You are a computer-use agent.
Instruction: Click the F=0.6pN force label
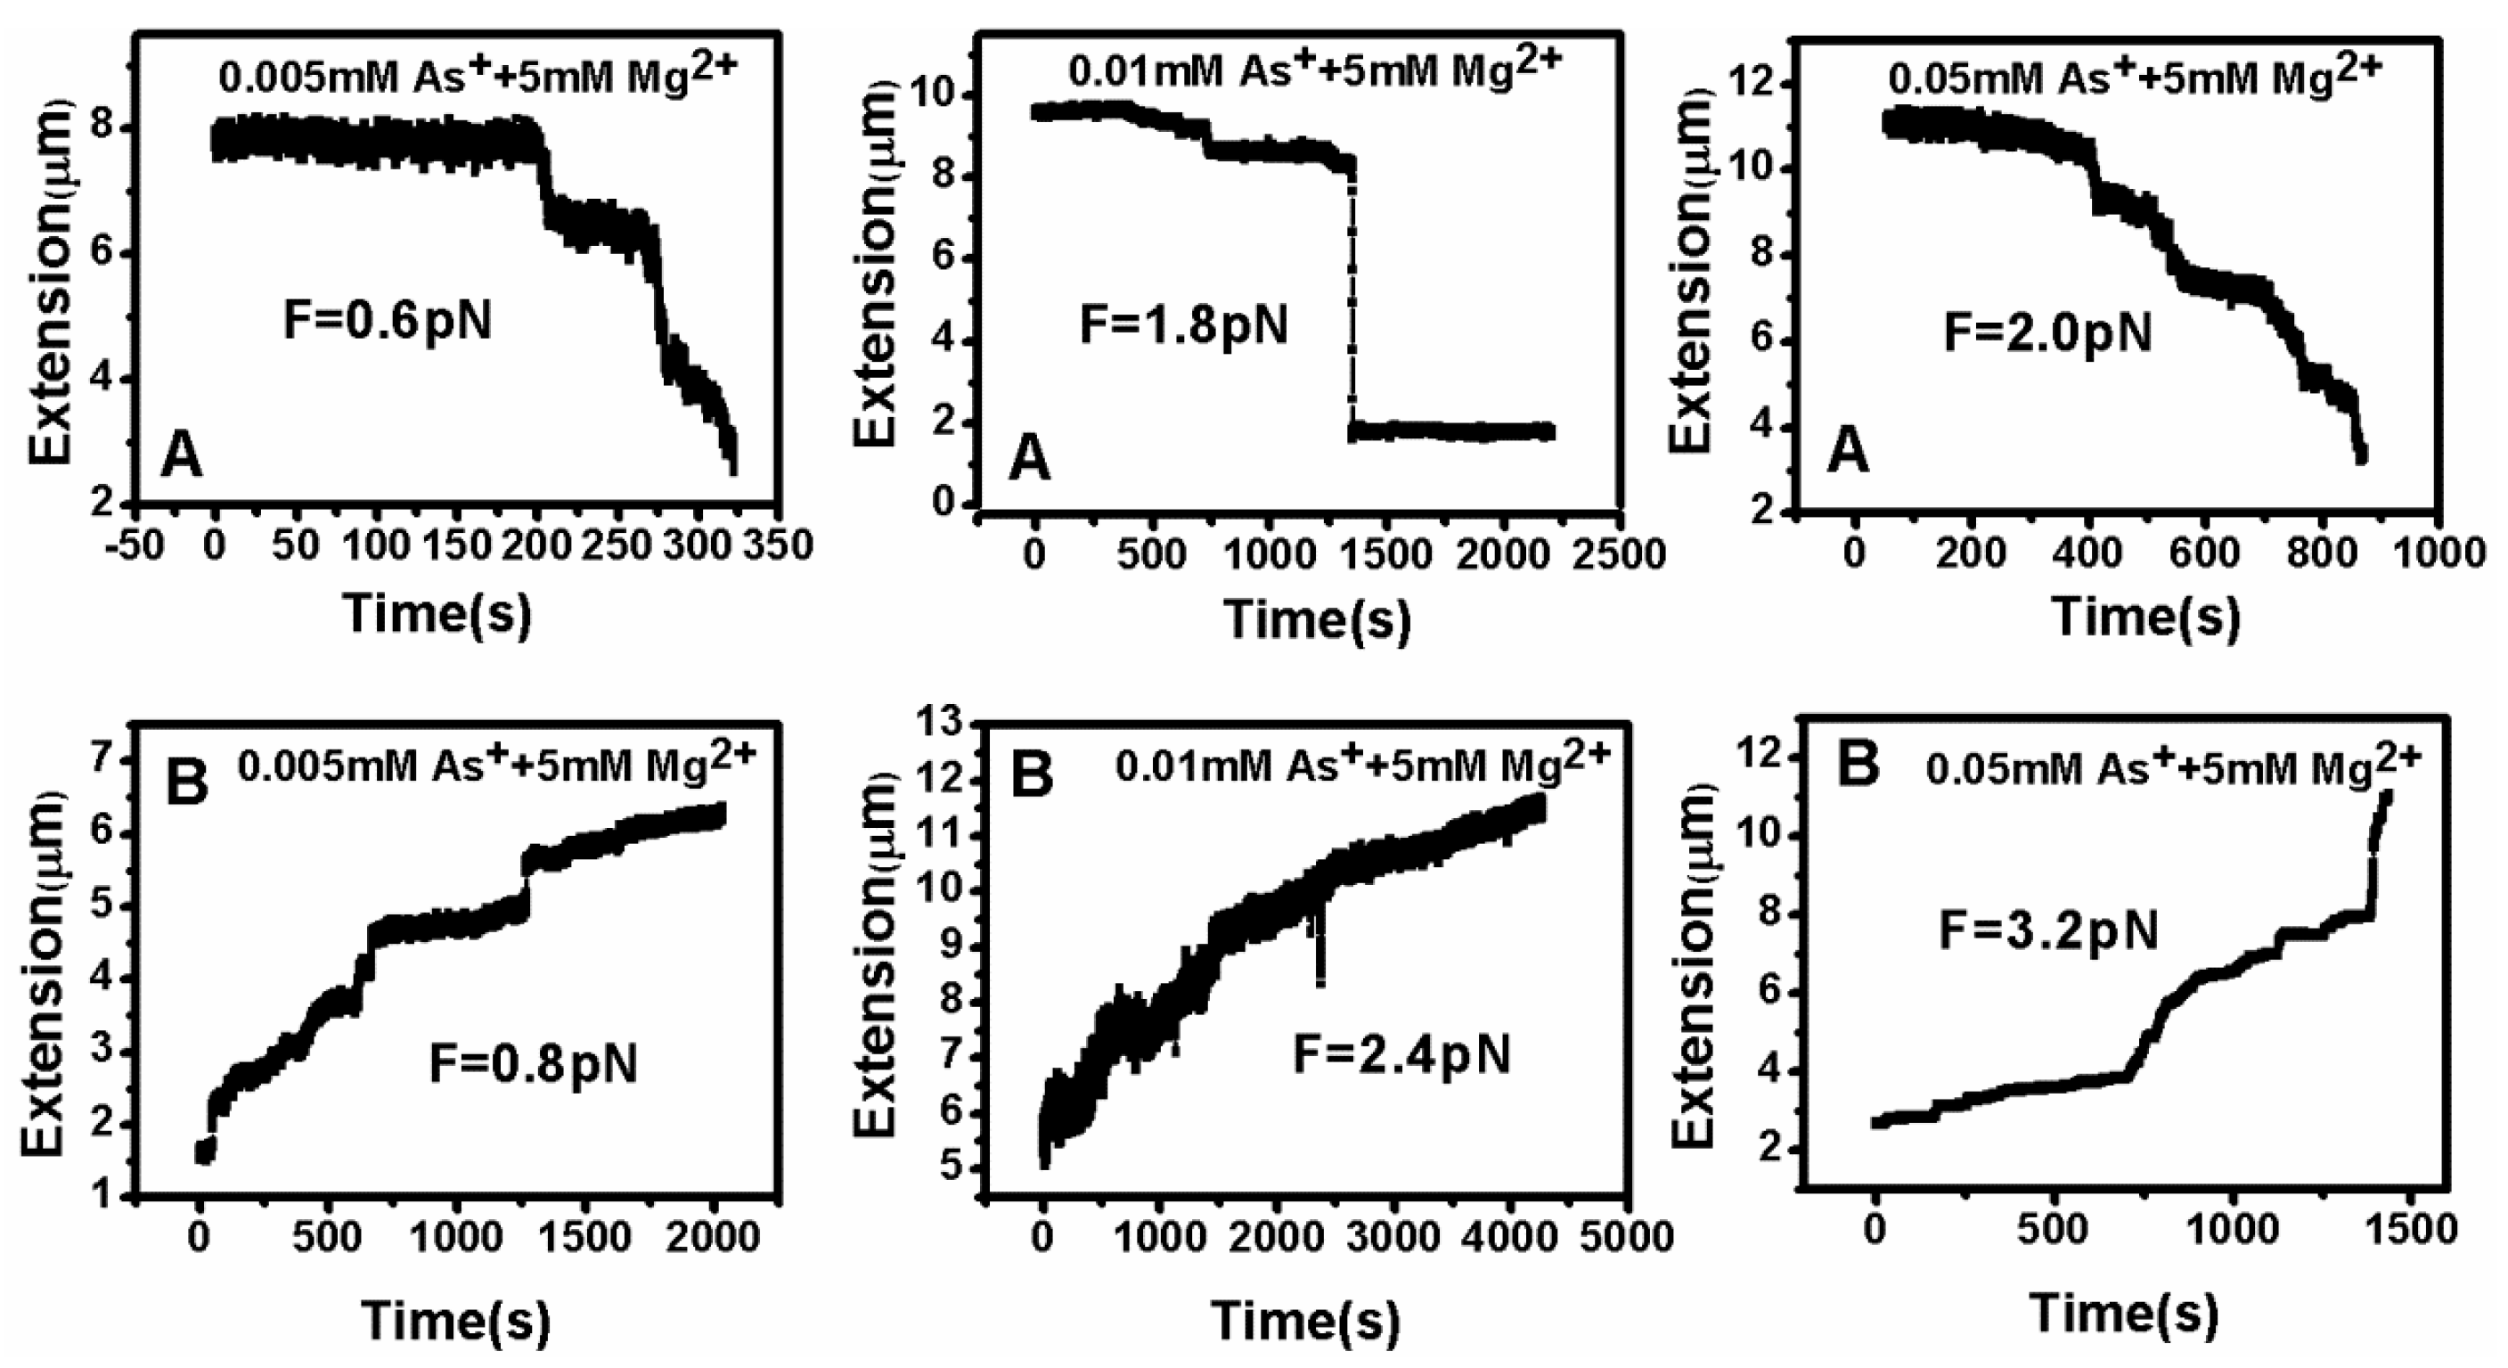coord(388,320)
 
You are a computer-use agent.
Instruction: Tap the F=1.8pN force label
coord(1184,324)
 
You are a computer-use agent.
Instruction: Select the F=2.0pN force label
coord(2047,333)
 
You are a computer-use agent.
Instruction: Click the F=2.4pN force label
coord(1402,1053)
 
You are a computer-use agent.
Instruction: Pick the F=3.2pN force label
coord(2048,930)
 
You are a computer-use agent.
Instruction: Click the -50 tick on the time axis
coord(135,546)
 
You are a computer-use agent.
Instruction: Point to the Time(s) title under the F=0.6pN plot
coord(437,613)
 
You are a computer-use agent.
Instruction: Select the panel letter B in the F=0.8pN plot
coord(187,783)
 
